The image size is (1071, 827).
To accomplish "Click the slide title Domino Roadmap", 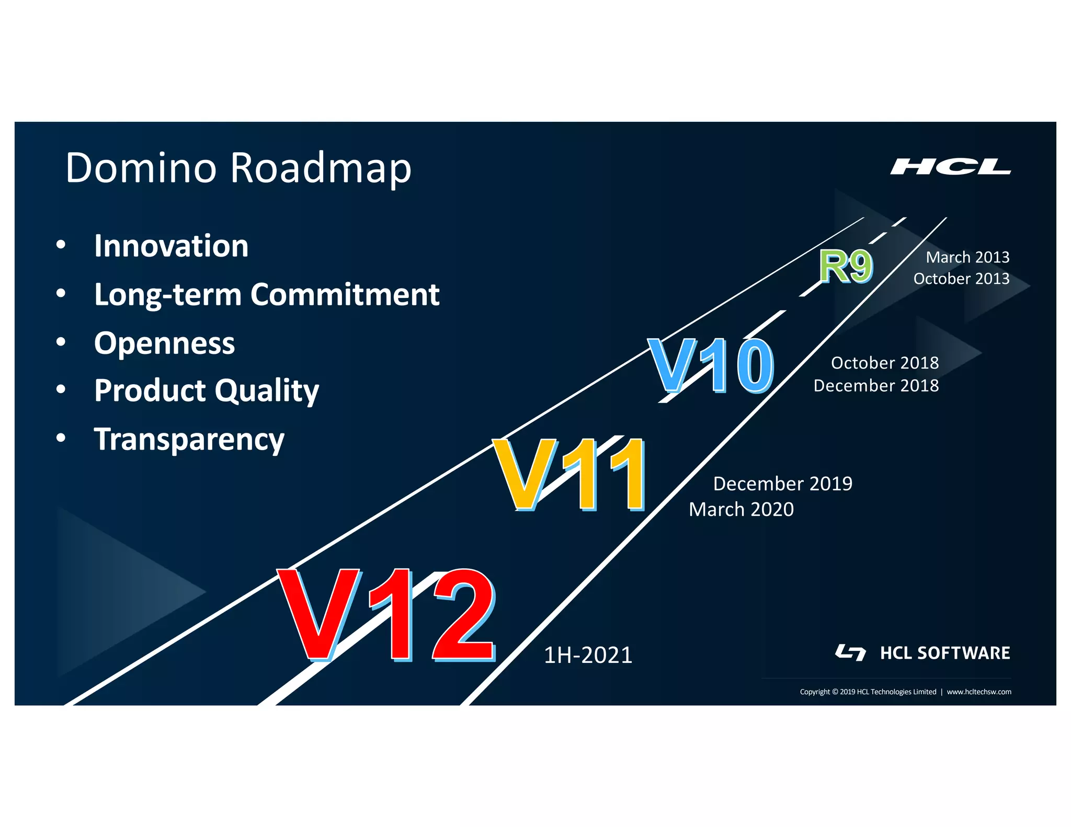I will pos(238,168).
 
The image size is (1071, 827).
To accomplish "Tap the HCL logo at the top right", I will pos(950,167).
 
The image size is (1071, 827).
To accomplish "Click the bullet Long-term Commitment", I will pos(267,294).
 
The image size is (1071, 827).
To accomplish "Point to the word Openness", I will pos(164,343).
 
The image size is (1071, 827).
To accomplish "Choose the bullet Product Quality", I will pos(207,390).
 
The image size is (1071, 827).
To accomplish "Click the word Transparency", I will pos(189,439).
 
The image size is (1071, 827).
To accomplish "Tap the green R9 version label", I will pos(846,266).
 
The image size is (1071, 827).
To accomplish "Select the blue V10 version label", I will pos(711,365).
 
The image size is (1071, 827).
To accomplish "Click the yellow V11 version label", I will pos(569,474).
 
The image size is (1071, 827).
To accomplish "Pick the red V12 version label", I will pos(386,615).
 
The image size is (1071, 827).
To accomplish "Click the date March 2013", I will pos(967,257).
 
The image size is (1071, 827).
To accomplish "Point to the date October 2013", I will pos(961,279).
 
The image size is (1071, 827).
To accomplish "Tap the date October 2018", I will pos(885,363).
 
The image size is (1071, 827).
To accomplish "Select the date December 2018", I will pos(876,386).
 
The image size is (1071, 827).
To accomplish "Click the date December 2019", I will pos(782,484).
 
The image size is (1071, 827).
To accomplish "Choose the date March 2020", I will pos(741,509).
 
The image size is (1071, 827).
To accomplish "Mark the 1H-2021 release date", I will pos(588,655).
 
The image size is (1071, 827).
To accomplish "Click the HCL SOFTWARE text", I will pos(945,653).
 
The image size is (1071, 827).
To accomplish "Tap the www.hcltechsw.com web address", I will pos(979,692).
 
